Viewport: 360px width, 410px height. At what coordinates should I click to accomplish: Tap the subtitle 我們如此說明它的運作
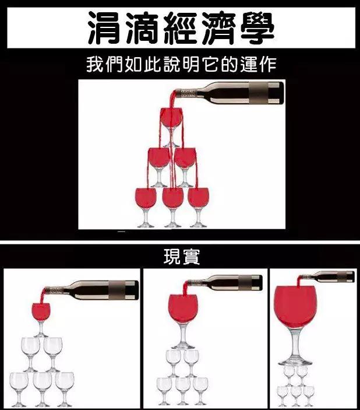(x=181, y=64)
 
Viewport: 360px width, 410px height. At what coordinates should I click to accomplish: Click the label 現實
(x=181, y=257)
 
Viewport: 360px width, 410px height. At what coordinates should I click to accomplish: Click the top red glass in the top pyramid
(x=171, y=118)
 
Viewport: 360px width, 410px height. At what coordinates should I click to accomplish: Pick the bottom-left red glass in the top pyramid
(x=145, y=198)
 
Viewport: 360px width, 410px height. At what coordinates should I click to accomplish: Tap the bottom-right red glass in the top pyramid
(x=198, y=198)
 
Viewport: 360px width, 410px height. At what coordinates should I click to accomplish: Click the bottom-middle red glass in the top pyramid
(x=172, y=198)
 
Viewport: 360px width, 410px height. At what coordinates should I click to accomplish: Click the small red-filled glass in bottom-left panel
(x=41, y=311)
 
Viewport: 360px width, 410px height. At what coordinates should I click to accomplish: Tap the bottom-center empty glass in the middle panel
(x=183, y=386)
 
